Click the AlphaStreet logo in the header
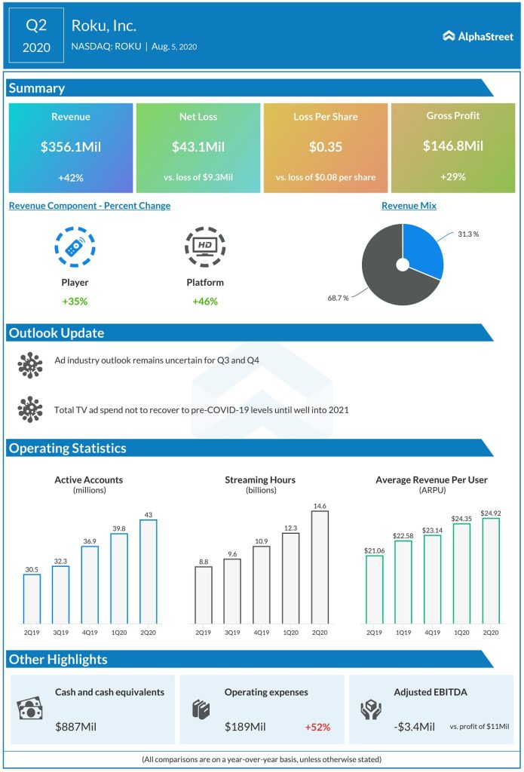click(477, 35)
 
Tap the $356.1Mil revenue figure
click(70, 147)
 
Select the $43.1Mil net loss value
click(198, 147)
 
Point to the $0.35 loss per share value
click(325, 147)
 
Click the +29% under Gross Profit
click(453, 177)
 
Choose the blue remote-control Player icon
click(75, 247)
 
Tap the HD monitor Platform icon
click(204, 247)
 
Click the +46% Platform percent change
click(204, 302)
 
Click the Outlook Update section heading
click(57, 333)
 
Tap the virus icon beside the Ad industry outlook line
click(30, 365)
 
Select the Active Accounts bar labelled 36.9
click(90, 585)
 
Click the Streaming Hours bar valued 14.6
click(320, 568)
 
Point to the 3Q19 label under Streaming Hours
click(233, 633)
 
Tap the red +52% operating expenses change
click(317, 728)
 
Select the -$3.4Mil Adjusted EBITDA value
click(414, 728)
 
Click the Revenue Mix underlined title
click(409, 205)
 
